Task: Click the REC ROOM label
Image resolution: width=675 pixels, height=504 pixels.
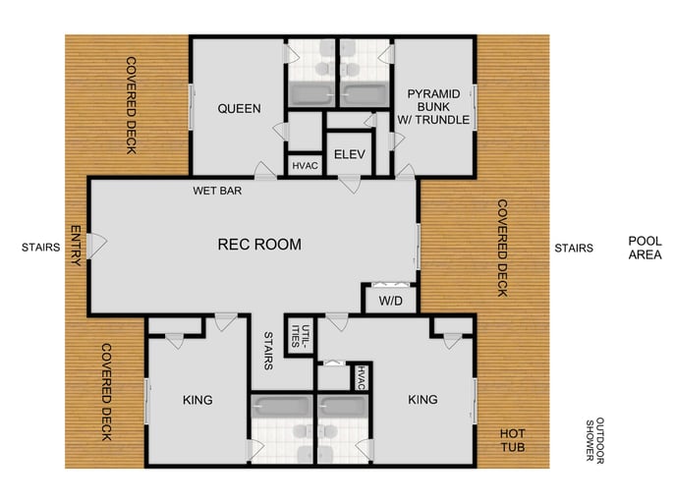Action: click(x=259, y=245)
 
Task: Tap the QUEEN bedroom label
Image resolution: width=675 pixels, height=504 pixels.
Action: click(x=239, y=108)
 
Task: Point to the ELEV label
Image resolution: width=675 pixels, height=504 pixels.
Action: click(x=350, y=154)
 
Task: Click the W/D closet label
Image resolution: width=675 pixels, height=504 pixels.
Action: click(x=388, y=301)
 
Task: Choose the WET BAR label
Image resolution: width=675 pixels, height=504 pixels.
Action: click(x=217, y=191)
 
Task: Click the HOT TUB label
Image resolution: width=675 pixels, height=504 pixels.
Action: click(x=513, y=440)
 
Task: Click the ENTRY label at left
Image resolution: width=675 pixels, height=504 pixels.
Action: click(x=75, y=246)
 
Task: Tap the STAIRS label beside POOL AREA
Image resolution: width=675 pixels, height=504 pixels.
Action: click(x=573, y=249)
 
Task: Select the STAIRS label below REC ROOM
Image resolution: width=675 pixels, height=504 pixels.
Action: click(x=267, y=351)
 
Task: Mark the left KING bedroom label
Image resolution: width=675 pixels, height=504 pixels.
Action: click(x=197, y=400)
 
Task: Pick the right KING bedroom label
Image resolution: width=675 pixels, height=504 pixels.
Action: click(x=422, y=400)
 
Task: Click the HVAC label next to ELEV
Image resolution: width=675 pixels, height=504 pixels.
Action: click(x=305, y=166)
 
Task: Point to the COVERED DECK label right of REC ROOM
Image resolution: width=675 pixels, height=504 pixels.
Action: click(x=501, y=249)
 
